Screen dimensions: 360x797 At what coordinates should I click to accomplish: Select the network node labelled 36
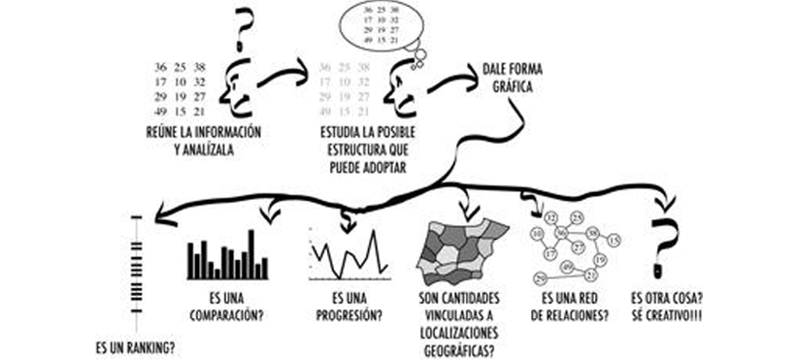(x=561, y=233)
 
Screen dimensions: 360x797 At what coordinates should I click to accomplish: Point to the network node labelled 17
(x=548, y=254)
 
